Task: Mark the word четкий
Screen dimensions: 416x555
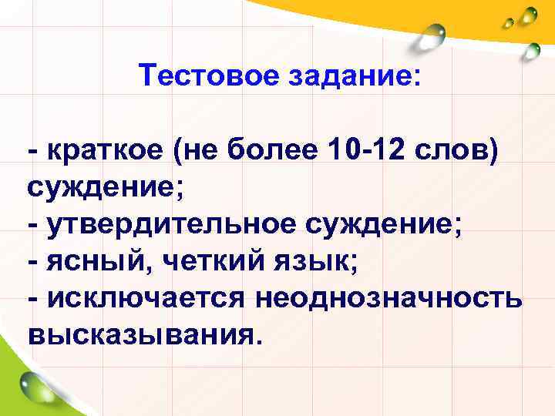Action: (x=207, y=260)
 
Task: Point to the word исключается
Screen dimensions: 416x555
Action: (x=146, y=297)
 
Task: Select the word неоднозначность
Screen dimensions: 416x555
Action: (x=390, y=297)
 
